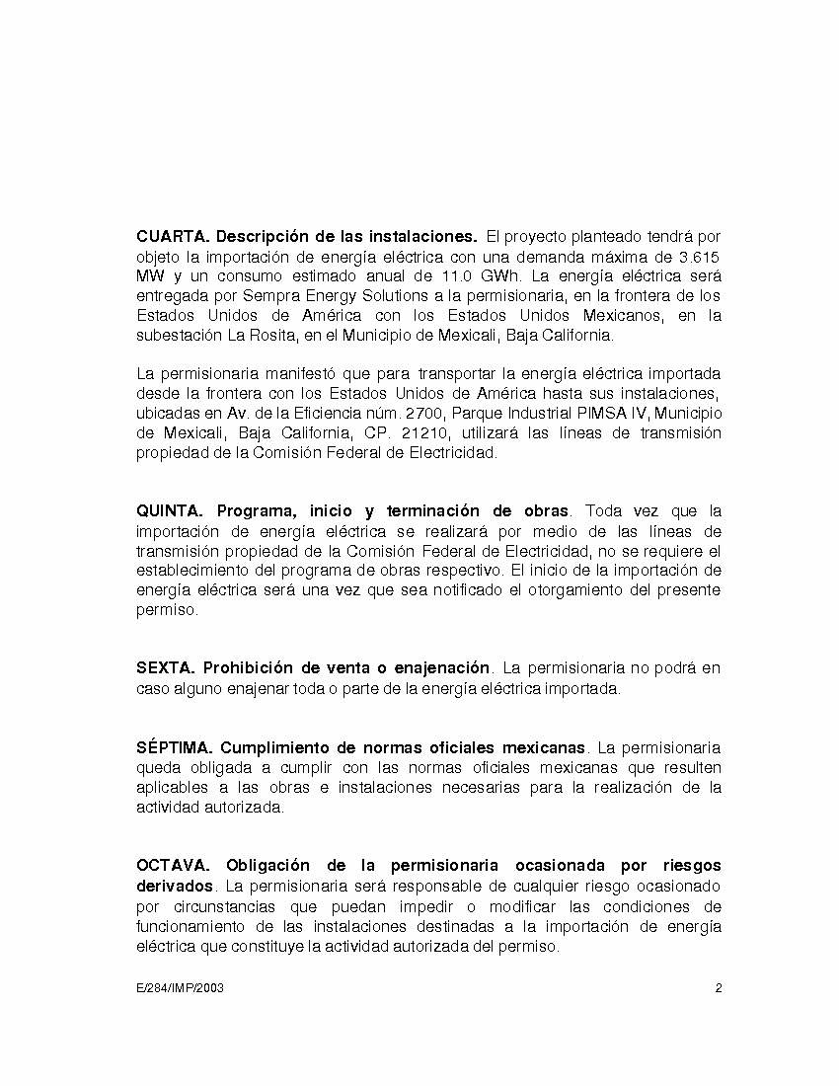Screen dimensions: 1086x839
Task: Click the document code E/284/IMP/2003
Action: [x=180, y=988]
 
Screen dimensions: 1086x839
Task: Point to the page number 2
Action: [x=718, y=988]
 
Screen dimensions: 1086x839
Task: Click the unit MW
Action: [x=150, y=276]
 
